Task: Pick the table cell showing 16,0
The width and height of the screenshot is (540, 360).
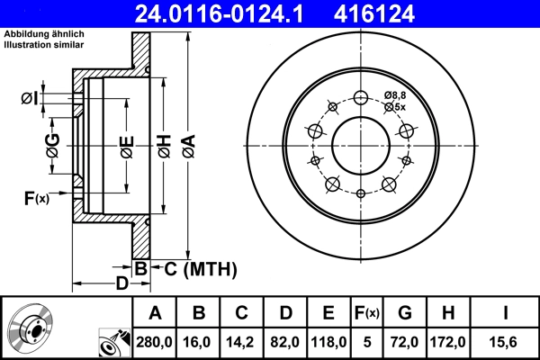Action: tap(200, 341)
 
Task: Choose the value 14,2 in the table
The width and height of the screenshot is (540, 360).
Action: tap(243, 341)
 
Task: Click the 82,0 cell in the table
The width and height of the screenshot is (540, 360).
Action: tap(286, 341)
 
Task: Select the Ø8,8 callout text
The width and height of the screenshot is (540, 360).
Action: tap(394, 94)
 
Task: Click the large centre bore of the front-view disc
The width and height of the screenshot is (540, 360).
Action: tap(360, 145)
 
